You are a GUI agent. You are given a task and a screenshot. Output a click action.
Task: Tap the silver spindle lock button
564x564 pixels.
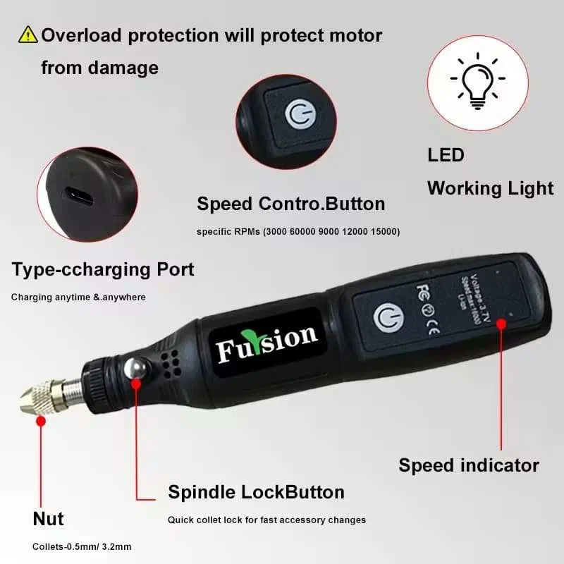click(x=135, y=371)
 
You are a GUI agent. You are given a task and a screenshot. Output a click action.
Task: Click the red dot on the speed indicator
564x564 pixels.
click(x=501, y=323)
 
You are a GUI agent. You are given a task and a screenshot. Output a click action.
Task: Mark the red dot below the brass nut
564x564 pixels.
click(x=41, y=421)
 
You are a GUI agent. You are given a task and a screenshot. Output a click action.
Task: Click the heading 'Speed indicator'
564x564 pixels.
click(x=468, y=465)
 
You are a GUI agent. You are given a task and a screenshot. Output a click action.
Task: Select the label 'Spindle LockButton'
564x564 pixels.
click(x=256, y=491)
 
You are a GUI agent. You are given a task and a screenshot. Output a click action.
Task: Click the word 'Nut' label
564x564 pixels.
click(x=48, y=519)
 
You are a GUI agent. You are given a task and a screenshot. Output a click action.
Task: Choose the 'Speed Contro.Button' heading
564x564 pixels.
click(x=291, y=204)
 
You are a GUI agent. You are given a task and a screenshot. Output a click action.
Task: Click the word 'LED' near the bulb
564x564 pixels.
click(x=446, y=155)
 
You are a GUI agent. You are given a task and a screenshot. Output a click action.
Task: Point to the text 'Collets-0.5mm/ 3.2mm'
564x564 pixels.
click(x=82, y=546)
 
